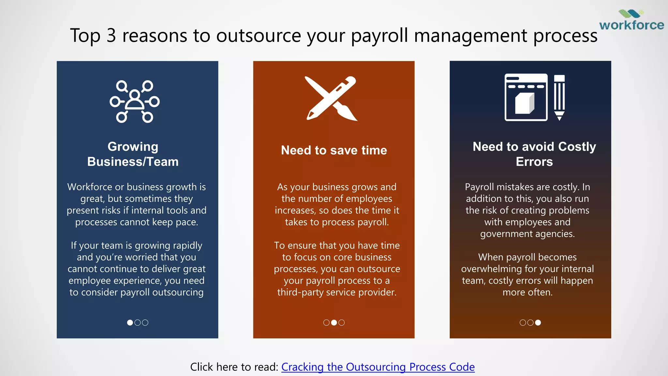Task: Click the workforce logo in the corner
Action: point(631,21)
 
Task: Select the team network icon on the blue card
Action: point(134,102)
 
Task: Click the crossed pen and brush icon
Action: point(331,99)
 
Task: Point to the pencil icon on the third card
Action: point(559,98)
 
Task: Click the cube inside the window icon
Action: point(525,103)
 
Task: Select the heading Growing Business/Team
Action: point(133,154)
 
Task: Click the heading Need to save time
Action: point(334,150)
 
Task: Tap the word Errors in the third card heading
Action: point(534,162)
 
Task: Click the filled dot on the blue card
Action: point(130,322)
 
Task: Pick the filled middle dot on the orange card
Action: point(334,322)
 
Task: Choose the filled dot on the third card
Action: point(538,322)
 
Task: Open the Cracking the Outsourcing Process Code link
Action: point(378,367)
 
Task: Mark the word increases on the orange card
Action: point(295,211)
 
